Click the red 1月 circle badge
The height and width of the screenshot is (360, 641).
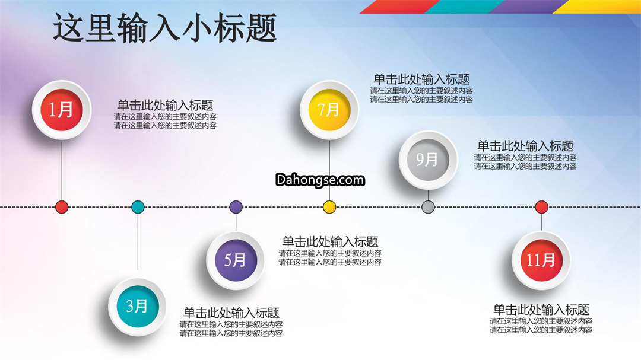tap(62, 110)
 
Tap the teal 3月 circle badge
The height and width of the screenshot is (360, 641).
tap(137, 307)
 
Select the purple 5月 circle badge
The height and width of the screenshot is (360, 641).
tap(236, 260)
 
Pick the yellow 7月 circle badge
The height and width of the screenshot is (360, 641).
tap(329, 110)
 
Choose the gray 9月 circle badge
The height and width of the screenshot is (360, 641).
tap(428, 160)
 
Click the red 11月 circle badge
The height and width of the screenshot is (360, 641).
tap(541, 260)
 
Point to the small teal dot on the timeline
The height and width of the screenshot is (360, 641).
tap(138, 207)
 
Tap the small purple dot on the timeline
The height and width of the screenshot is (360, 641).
tap(236, 207)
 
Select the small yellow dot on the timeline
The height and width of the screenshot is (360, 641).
tap(329, 207)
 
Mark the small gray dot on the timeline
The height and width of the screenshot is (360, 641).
tap(428, 207)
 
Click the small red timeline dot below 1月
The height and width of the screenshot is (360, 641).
tap(62, 207)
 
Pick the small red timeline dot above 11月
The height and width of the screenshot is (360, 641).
tap(542, 207)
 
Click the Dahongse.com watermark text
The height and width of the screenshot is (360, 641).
tap(320, 180)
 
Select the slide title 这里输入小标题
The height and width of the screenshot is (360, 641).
tap(165, 28)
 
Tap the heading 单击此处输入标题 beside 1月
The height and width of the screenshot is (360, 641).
tap(165, 106)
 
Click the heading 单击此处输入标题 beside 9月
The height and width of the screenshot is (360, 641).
tap(525, 146)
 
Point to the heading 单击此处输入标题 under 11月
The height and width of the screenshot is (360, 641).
tap(541, 310)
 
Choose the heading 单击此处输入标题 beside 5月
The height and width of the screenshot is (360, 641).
tap(330, 241)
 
